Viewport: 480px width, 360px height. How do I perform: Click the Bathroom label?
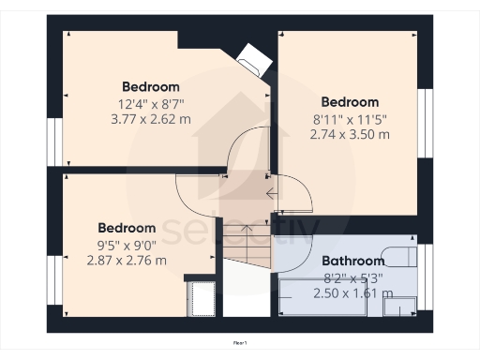pos(353,261)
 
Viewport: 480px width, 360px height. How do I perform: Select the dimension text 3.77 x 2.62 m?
pos(150,119)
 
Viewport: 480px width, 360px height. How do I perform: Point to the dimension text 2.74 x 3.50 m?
pos(350,134)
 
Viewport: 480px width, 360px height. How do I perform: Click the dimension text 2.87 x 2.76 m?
pos(127,260)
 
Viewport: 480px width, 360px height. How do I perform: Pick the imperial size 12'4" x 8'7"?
pos(150,104)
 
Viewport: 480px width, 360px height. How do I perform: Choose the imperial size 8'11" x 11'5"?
pos(350,119)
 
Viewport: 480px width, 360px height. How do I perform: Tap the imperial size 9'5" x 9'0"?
pos(127,246)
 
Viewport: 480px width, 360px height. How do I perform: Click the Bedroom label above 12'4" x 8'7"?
pos(150,87)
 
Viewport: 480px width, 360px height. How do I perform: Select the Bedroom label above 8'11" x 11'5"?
pos(350,102)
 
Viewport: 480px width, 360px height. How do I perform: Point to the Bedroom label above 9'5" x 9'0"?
pos(127,228)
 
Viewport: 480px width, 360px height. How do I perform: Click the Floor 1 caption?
pos(240,345)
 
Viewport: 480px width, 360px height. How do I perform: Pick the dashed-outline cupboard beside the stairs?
pos(202,297)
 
